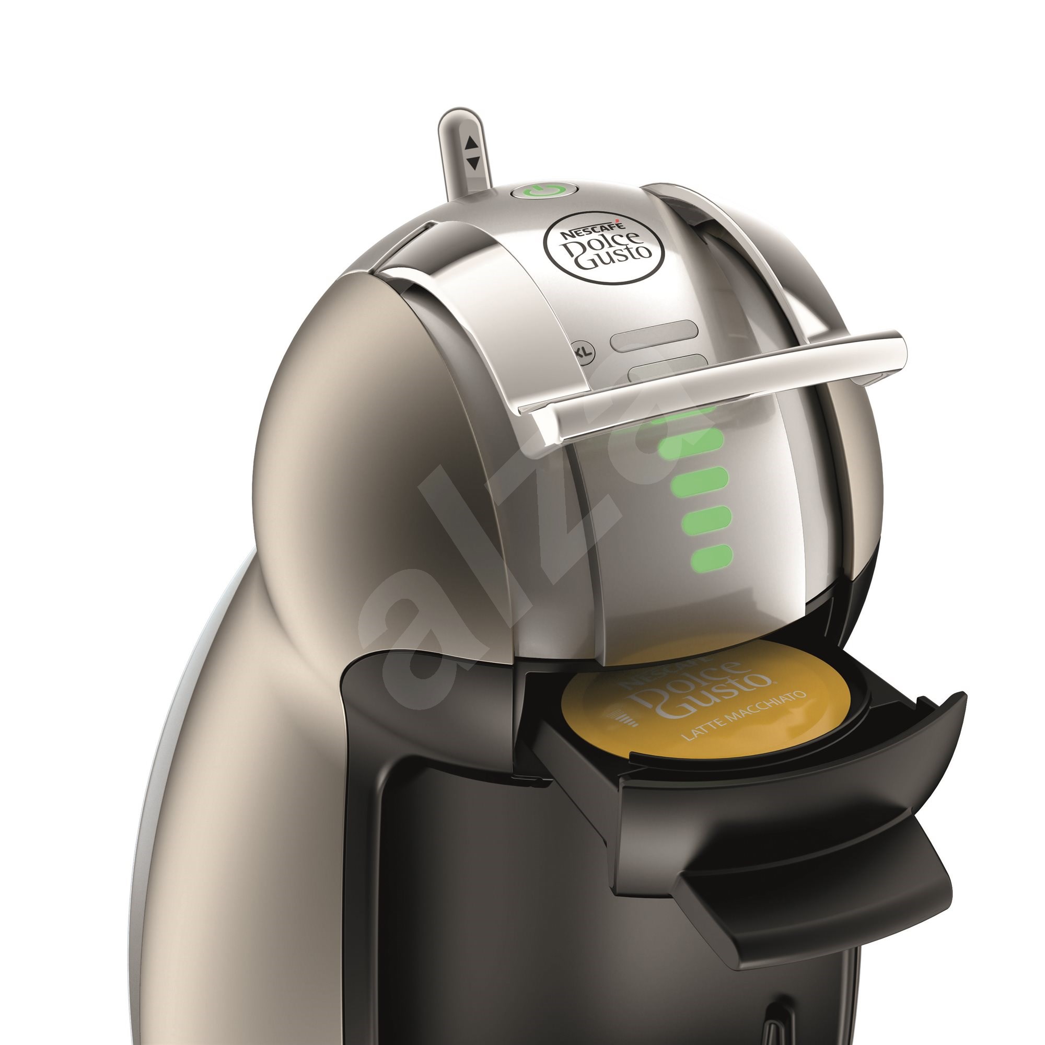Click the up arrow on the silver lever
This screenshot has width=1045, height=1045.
pos(472,142)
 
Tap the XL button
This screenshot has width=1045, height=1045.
pos(584,352)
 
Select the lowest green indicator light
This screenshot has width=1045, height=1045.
pos(711,558)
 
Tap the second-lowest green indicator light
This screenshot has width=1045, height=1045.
pos(706,519)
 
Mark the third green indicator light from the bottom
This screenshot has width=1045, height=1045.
pos(700,481)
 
